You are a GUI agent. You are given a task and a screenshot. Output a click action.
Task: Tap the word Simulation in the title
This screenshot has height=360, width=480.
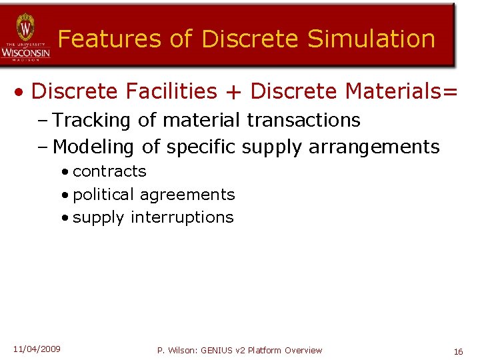pos(371,39)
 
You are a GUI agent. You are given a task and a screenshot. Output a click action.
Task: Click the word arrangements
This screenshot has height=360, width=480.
pos(374,146)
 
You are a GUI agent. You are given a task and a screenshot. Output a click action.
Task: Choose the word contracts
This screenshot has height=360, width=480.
pos(109,171)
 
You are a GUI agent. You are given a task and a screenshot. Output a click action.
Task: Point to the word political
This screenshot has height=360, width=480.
pos(103,195)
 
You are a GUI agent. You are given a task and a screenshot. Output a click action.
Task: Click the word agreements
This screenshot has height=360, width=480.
pos(187,195)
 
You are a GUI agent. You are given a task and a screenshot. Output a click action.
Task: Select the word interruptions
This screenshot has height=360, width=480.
pos(182,217)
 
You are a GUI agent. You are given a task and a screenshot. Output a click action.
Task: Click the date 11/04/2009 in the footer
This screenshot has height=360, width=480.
pos(37,349)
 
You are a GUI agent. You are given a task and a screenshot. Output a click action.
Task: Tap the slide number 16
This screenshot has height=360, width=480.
pos(458,351)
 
